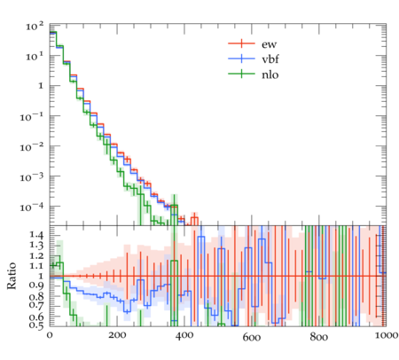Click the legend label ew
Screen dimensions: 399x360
270,44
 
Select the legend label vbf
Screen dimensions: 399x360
270,59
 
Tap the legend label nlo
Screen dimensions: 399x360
270,74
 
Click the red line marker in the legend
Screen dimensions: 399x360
241,43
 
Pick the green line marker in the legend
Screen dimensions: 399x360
241,74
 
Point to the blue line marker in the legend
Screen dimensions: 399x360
241,59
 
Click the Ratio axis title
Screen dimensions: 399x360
12,276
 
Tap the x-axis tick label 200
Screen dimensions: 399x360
117,336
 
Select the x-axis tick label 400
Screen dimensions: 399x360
184,336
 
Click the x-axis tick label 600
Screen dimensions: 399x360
252,337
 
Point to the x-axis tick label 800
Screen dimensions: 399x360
319,337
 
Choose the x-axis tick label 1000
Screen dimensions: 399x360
385,336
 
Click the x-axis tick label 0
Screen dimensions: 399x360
50,336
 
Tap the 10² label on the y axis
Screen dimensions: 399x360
35,27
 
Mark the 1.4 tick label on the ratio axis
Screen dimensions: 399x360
36,235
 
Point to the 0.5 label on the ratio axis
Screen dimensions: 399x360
36,325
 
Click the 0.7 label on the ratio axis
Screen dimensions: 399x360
36,305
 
